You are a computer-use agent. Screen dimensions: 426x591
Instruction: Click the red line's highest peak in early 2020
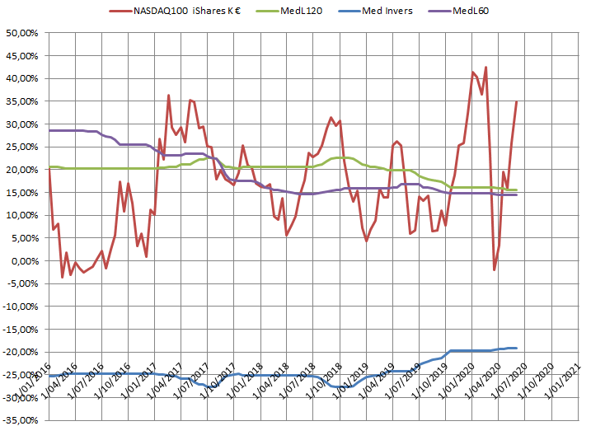pyautogui.click(x=485, y=68)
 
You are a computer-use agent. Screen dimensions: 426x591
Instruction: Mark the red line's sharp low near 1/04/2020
pyautogui.click(x=495, y=269)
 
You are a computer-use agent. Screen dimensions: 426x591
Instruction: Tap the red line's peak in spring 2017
pyautogui.click(x=168, y=96)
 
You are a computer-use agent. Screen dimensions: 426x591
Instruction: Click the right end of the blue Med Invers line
pyautogui.click(x=517, y=348)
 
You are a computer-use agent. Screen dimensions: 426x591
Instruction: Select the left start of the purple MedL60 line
pyautogui.click(x=49, y=130)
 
